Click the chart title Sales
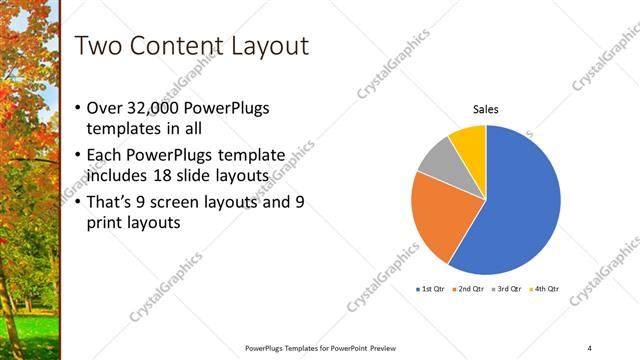[486, 110]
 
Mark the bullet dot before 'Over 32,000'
[80, 108]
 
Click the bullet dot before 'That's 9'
[80, 201]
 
